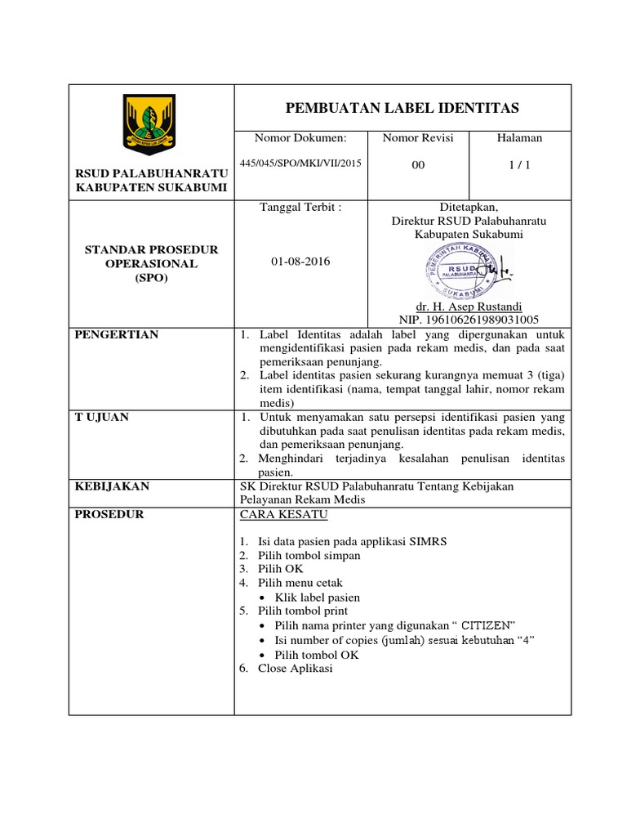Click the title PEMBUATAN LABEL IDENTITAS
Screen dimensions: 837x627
tap(402, 108)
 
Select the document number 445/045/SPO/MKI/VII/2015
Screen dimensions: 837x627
tap(300, 163)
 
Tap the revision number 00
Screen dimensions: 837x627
tap(418, 165)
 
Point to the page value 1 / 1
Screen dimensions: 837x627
tap(519, 165)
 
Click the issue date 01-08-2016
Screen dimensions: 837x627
tap(300, 262)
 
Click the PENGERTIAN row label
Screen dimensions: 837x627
tap(117, 334)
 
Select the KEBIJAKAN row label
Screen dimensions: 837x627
tap(112, 486)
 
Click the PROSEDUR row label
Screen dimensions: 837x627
tap(109, 514)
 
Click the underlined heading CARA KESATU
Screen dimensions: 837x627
tap(283, 514)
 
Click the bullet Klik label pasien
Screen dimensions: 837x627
tap(318, 598)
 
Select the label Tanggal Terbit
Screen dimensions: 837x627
tap(300, 208)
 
